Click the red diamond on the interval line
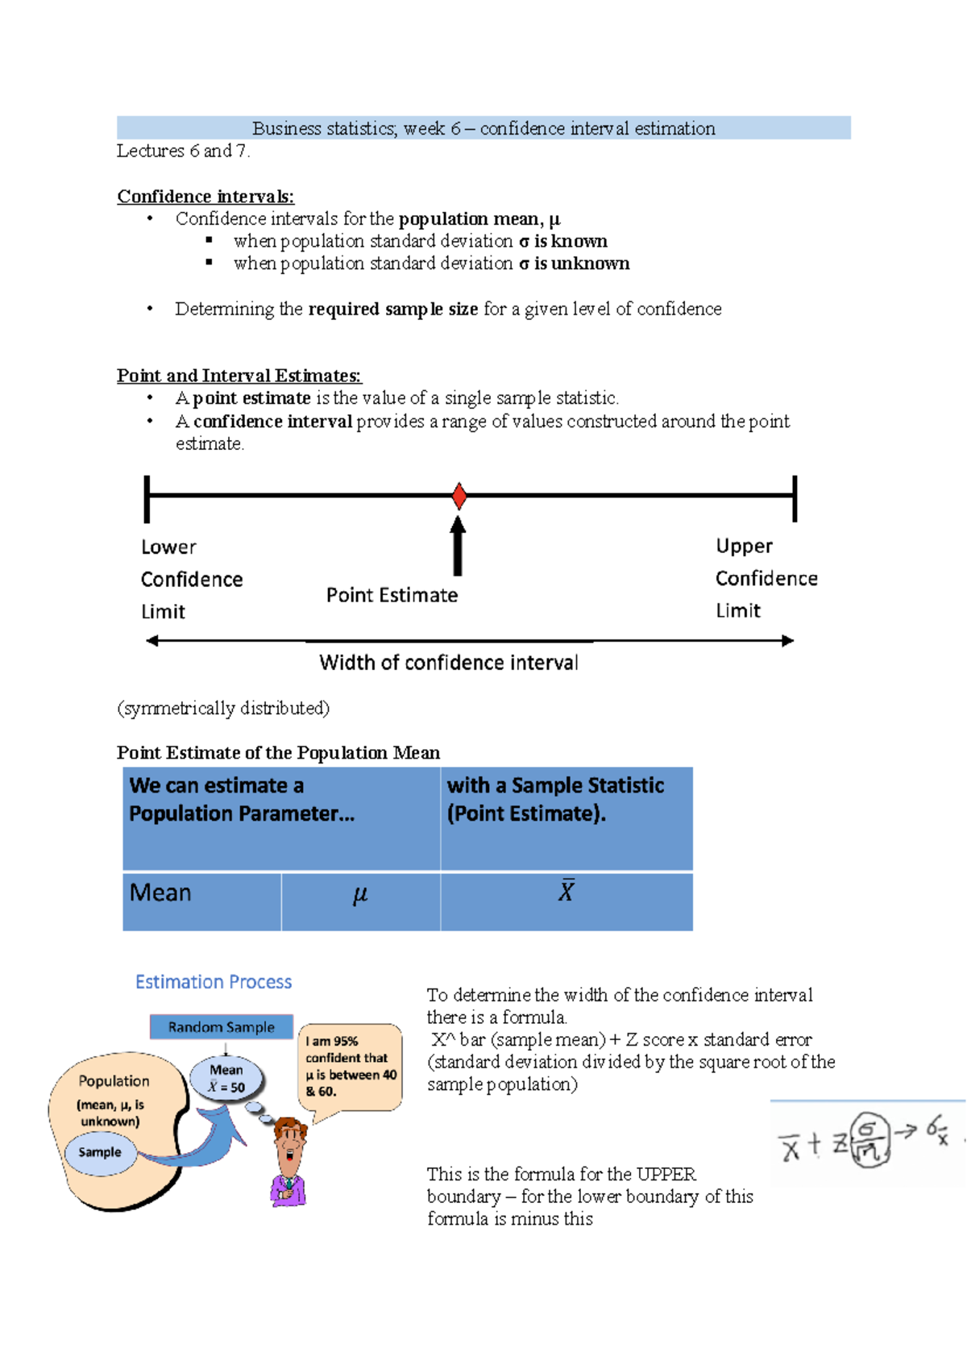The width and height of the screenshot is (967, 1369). click(459, 496)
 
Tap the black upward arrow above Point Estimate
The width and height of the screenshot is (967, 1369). click(458, 546)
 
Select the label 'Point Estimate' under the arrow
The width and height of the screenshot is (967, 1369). click(392, 595)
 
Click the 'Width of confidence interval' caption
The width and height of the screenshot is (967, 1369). click(449, 663)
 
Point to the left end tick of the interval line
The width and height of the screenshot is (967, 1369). click(147, 499)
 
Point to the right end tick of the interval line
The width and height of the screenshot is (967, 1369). click(795, 498)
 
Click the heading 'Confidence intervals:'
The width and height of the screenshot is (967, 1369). click(205, 197)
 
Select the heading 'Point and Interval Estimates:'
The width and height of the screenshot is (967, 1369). click(239, 376)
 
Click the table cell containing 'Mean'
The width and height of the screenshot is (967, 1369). click(161, 893)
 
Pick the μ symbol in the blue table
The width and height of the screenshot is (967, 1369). click(360, 895)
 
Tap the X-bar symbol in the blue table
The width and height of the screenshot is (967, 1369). click(567, 891)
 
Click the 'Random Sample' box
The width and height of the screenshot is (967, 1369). click(222, 1027)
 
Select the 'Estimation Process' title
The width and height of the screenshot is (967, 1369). click(214, 982)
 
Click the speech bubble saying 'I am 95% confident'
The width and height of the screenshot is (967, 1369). click(351, 1066)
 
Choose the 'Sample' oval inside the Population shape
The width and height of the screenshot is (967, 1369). click(100, 1152)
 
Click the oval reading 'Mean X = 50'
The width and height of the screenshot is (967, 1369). click(226, 1078)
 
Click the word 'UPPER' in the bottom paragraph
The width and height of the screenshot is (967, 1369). click(666, 1174)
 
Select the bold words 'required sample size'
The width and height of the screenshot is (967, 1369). click(393, 310)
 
